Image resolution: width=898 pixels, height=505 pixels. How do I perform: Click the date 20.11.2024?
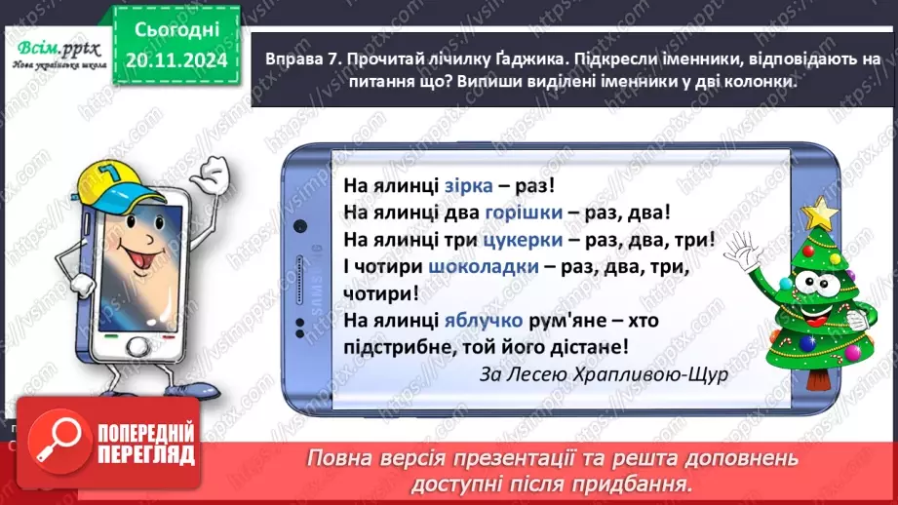click(x=172, y=61)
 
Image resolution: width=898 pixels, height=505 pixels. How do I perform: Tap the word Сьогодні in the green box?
click(x=172, y=33)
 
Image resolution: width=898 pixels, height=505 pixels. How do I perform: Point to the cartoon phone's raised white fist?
click(x=212, y=177)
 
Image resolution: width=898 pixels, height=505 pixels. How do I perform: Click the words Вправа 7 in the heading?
click(x=297, y=60)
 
